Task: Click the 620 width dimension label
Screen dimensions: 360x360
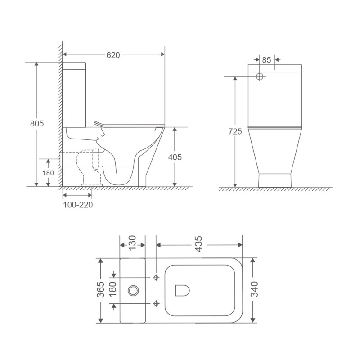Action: pyautogui.click(x=113, y=55)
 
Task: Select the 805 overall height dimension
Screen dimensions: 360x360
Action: pyautogui.click(x=36, y=124)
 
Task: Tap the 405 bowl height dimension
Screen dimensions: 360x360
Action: pyautogui.click(x=175, y=157)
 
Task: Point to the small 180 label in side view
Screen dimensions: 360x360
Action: pyautogui.click(x=48, y=173)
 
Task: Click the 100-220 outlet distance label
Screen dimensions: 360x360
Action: pyautogui.click(x=77, y=205)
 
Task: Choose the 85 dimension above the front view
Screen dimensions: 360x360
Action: pyautogui.click(x=266, y=59)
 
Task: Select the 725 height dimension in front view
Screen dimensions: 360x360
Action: pyautogui.click(x=235, y=131)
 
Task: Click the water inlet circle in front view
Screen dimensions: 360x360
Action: pyautogui.click(x=259, y=76)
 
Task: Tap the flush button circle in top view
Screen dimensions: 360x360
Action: pyautogui.click(x=133, y=290)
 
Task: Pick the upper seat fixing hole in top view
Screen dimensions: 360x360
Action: pyautogui.click(x=156, y=278)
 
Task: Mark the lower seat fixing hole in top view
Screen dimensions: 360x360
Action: pyautogui.click(x=156, y=303)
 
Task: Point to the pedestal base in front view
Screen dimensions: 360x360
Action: pyautogui.click(x=274, y=179)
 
